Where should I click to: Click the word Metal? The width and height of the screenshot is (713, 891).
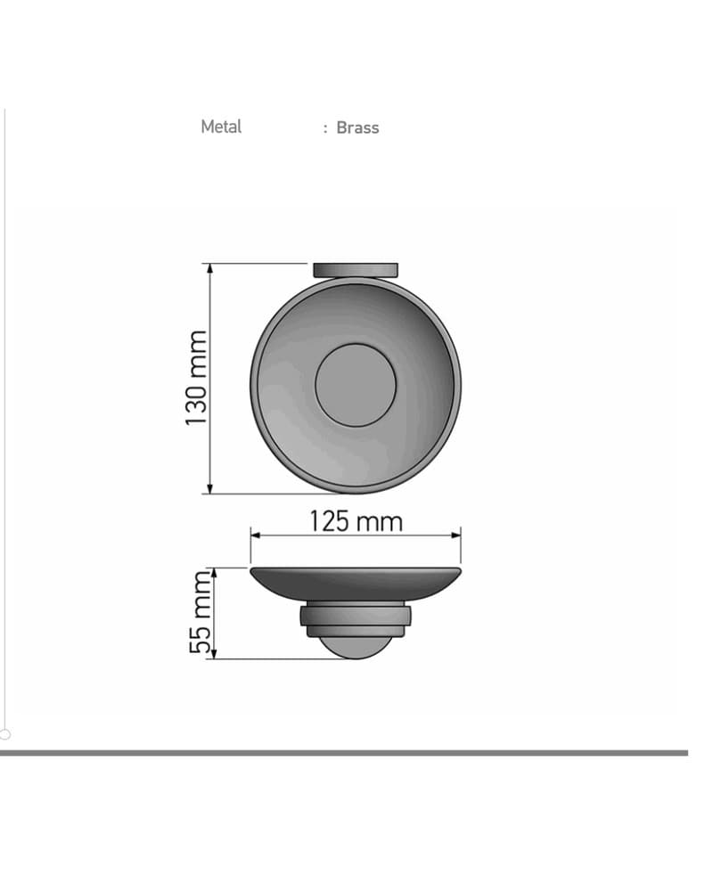click(x=221, y=127)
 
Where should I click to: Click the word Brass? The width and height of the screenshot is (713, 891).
click(x=357, y=127)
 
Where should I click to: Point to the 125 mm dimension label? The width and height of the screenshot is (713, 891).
click(x=356, y=521)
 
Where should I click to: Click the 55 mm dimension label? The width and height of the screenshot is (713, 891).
click(x=200, y=613)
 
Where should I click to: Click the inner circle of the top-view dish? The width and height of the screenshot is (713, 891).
click(x=356, y=385)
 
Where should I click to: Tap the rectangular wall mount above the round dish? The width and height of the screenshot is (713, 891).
click(x=356, y=270)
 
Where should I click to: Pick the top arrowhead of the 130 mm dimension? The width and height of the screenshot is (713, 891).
click(x=210, y=269)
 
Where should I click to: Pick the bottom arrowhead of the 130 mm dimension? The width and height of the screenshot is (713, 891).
click(x=210, y=488)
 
